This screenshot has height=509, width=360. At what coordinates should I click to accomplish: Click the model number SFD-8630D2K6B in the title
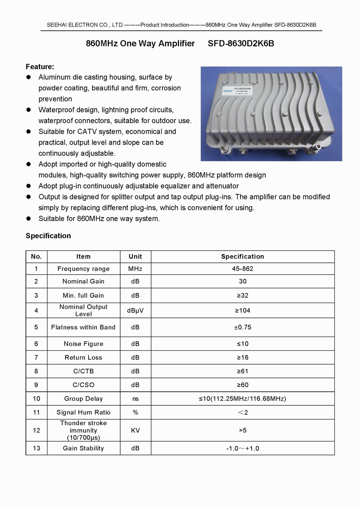tap(241, 44)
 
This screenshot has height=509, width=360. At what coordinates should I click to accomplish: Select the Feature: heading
tap(40, 67)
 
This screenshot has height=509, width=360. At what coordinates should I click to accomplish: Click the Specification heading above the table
tap(48, 236)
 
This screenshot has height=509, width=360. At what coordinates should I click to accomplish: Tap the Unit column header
tap(135, 257)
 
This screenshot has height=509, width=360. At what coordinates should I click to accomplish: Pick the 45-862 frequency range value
tap(243, 269)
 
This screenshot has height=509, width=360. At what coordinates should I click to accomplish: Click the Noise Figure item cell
tap(84, 344)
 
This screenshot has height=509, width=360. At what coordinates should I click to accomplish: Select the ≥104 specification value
tap(243, 310)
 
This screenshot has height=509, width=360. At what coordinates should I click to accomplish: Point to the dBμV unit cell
tap(135, 310)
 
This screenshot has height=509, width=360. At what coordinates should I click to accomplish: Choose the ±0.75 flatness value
tap(243, 327)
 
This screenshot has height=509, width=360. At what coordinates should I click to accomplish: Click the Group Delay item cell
tap(84, 398)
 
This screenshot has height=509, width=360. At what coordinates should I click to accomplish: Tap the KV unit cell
tap(135, 430)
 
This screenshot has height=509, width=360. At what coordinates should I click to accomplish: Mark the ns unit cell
tap(135, 398)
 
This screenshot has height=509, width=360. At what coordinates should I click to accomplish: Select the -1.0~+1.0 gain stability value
tap(243, 449)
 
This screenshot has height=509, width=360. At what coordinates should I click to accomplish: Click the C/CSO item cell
tap(84, 385)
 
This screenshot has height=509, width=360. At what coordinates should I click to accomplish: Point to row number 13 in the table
tap(36, 448)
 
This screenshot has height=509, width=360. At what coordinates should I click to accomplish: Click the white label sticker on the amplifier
tap(237, 90)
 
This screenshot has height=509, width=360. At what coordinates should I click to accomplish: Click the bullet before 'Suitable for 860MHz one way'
tap(28, 219)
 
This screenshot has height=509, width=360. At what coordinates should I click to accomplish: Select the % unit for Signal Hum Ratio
tap(135, 413)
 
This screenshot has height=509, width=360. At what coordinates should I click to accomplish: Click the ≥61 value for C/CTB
tap(243, 371)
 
